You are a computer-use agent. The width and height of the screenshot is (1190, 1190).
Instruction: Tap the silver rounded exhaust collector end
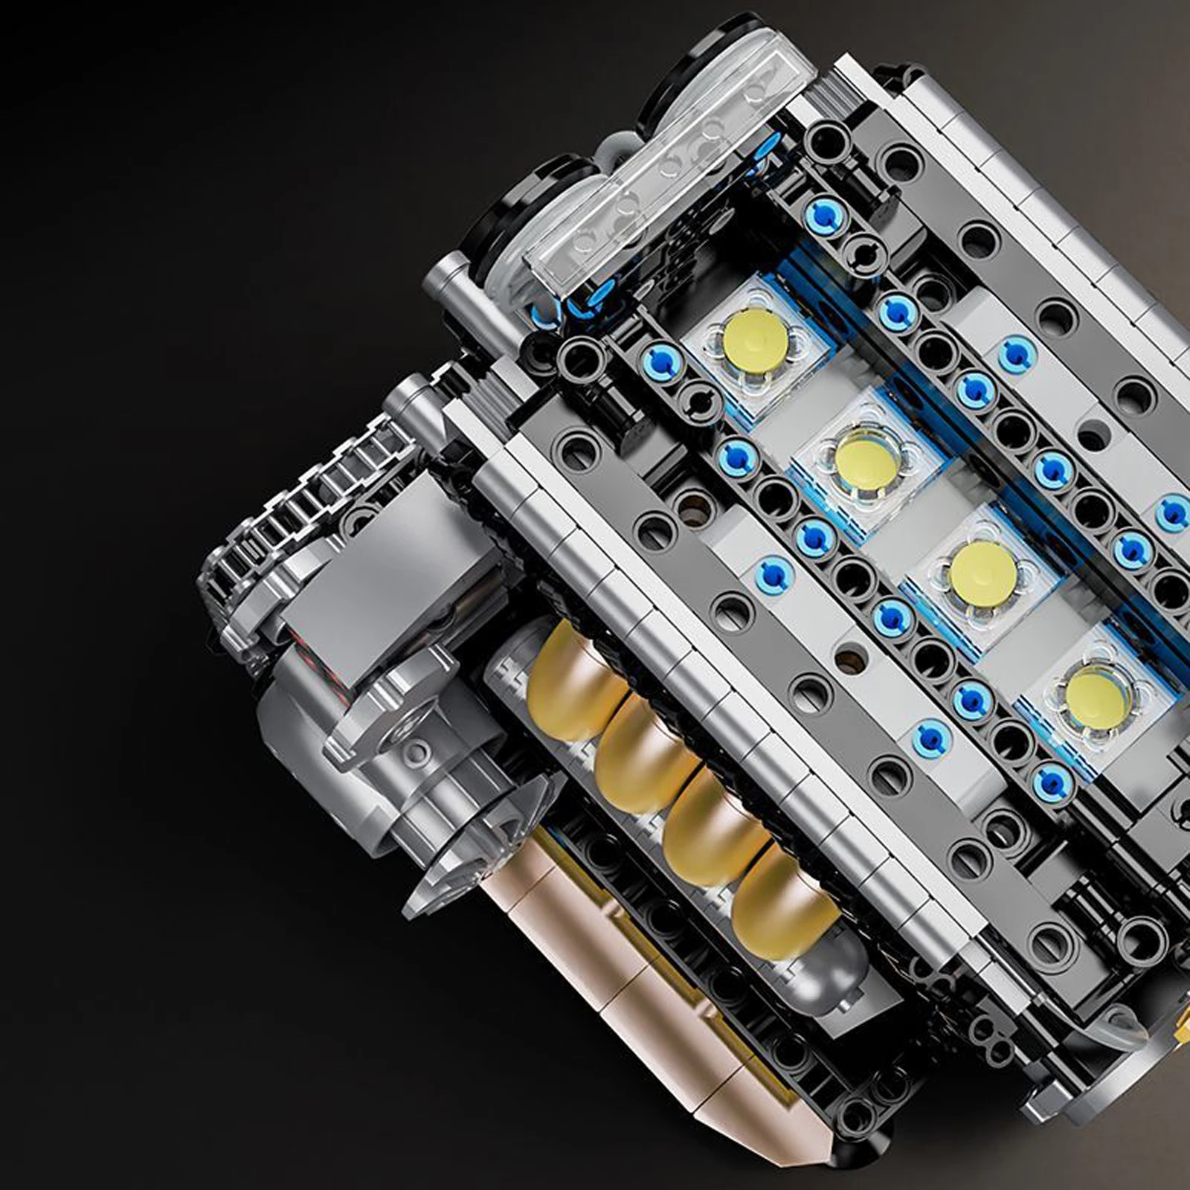tap(833, 982)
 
